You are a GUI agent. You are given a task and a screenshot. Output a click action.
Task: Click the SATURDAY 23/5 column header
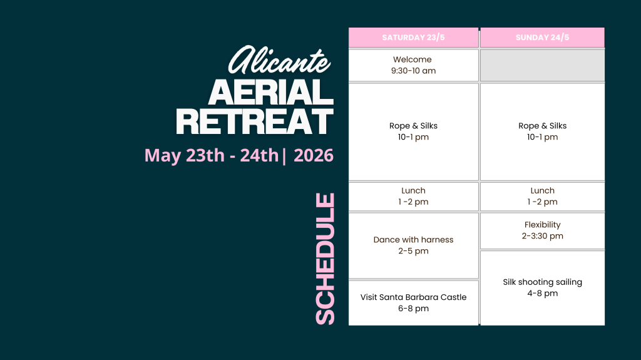[413, 38]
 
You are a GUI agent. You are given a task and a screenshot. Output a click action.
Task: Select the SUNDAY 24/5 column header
[543, 38]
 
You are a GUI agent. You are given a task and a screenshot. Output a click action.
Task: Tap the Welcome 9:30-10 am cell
[413, 66]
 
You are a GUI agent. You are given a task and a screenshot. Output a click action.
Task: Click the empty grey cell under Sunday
[543, 66]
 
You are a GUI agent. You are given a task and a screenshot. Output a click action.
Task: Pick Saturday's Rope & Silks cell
[413, 131]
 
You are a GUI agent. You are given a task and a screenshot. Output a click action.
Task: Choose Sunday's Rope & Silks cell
[543, 131]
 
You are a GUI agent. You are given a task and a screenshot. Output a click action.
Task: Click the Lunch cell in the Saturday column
[413, 197]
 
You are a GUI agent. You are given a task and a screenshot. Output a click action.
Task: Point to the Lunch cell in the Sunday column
[543, 197]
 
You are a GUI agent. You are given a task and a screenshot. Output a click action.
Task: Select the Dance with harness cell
[413, 245]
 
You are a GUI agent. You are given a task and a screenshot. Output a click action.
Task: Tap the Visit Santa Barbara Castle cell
[413, 303]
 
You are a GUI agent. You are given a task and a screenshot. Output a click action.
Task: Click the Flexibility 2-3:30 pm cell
[543, 230]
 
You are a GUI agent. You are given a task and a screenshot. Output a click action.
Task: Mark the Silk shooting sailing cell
[543, 288]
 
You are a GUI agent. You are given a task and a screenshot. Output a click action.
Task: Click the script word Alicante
[279, 59]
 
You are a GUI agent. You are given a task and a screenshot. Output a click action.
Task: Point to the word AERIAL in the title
[271, 92]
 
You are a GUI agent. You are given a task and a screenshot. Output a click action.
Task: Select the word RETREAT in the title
[255, 121]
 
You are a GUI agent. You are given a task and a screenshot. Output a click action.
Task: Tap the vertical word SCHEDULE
[326, 259]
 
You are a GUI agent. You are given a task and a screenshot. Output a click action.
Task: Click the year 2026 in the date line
[314, 155]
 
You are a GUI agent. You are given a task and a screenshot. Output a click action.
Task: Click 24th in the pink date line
[259, 155]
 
